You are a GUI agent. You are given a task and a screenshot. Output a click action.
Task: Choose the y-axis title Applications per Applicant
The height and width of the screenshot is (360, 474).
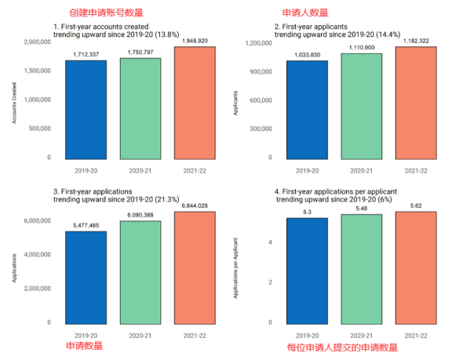[236, 267]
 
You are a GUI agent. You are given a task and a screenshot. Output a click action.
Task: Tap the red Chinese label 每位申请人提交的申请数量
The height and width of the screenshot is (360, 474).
[342, 347]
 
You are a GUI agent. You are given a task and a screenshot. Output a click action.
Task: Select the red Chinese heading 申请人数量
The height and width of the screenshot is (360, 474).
[305, 13]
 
